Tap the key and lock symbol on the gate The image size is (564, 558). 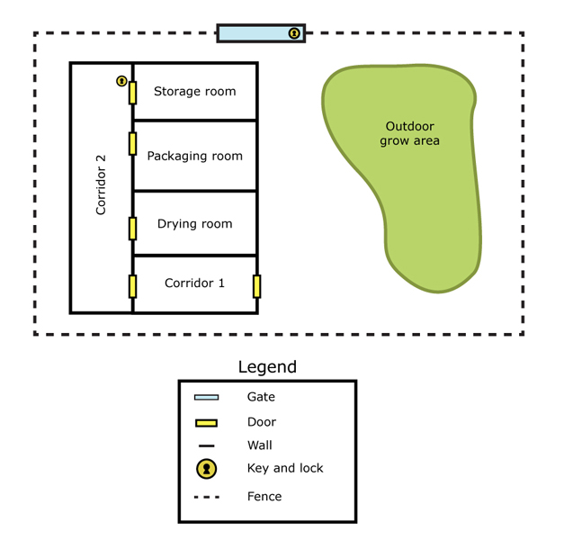click(294, 33)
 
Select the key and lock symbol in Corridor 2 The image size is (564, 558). click(121, 81)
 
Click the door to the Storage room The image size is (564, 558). click(132, 92)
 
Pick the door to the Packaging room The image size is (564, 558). click(132, 143)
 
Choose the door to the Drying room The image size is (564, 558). click(132, 228)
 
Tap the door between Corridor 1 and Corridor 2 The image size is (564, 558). click(132, 286)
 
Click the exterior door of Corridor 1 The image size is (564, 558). click(257, 286)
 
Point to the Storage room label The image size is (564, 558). click(194, 91)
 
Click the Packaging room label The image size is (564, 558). click(194, 156)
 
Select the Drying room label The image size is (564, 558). click(194, 224)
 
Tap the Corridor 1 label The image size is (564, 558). click(194, 283)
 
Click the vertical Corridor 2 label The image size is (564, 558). click(101, 184)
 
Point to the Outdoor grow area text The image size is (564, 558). click(409, 133)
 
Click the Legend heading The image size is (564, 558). click(267, 367)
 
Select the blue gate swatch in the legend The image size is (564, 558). click(206, 397)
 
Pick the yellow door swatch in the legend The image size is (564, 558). click(206, 422)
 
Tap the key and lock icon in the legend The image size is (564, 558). click(207, 469)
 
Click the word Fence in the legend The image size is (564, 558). click(264, 496)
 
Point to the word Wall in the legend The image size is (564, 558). click(259, 445)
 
